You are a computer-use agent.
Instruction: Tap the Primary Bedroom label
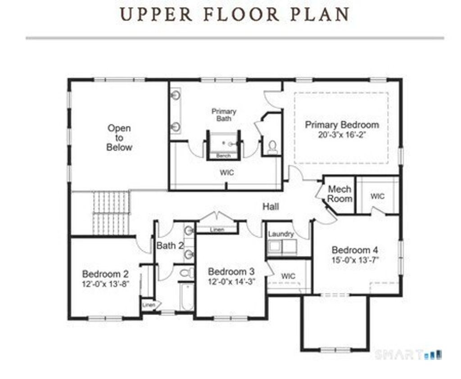click(x=342, y=125)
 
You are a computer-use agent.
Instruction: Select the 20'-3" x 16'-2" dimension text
click(x=342, y=134)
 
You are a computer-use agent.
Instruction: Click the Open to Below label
click(x=119, y=138)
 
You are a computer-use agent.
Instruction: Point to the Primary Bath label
click(x=224, y=115)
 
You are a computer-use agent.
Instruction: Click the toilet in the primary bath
click(x=272, y=147)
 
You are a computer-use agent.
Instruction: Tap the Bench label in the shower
click(x=224, y=156)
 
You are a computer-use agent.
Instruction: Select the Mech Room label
click(x=339, y=194)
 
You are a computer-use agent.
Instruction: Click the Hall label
click(x=271, y=207)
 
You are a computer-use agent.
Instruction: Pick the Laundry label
click(x=281, y=234)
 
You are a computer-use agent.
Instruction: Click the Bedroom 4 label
click(x=355, y=250)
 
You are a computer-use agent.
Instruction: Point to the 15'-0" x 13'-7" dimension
click(x=355, y=259)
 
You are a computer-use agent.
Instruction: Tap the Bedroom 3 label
click(x=231, y=271)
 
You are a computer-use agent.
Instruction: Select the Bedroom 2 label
click(x=105, y=274)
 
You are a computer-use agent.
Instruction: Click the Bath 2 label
click(x=170, y=246)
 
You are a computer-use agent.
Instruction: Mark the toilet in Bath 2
click(x=186, y=273)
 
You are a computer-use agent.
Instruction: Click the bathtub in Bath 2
click(x=186, y=297)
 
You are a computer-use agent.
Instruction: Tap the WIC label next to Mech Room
click(x=377, y=196)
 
